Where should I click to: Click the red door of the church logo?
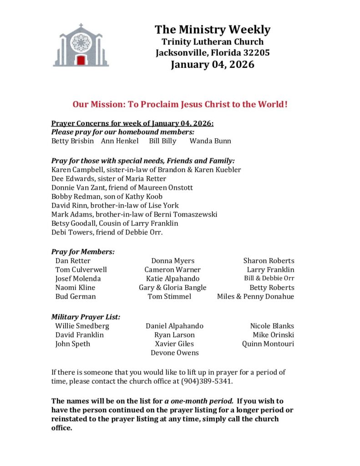coord(81,60)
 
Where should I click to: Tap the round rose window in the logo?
coord(81,42)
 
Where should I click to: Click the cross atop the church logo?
coord(81,26)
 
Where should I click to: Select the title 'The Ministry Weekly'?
coord(213,30)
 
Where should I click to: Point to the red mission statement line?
coord(180,104)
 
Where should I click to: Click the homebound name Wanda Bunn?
coord(210,141)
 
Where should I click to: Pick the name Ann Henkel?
coord(120,141)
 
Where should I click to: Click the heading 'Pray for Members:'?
coord(83,251)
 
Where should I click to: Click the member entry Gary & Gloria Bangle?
coord(172,287)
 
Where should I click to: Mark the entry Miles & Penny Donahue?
coord(255,296)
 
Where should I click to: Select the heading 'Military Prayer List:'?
coord(86,317)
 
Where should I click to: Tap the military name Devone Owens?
coord(175,353)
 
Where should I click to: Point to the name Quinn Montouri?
coord(268,344)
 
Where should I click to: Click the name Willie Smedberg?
coord(82,326)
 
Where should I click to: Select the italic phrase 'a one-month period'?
coord(199,401)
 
